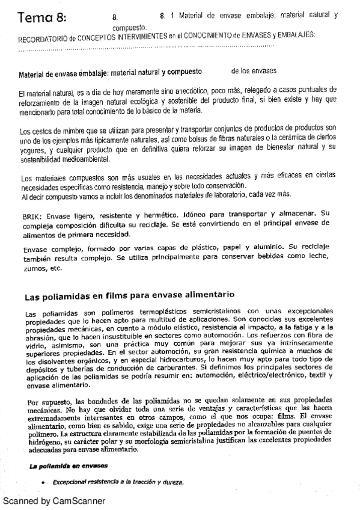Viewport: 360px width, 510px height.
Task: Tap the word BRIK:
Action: click(x=29, y=214)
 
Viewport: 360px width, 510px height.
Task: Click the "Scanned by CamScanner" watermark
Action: click(x=54, y=500)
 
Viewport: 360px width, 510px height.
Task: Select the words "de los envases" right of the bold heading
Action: click(x=254, y=72)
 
